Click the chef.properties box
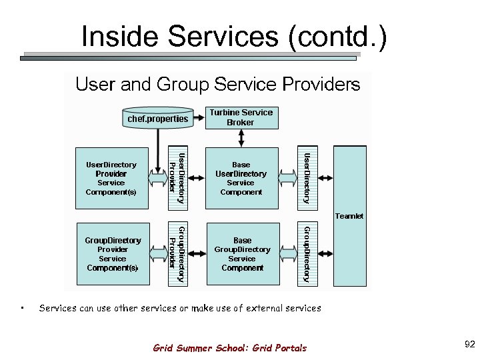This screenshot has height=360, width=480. [158, 119]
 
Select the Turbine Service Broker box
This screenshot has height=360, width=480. [241, 117]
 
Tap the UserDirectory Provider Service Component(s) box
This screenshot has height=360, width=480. [111, 178]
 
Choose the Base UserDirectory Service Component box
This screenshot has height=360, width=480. [241, 178]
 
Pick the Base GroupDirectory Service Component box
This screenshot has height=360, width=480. [242, 254]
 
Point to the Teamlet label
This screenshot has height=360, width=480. [349, 216]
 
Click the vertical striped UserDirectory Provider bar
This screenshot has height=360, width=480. [177, 178]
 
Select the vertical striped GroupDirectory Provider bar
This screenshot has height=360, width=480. [177, 254]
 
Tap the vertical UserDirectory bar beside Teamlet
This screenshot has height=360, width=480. [306, 178]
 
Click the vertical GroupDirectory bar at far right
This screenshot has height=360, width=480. [306, 254]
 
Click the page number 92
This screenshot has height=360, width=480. [469, 344]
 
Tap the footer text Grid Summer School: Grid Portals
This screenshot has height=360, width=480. [230, 347]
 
